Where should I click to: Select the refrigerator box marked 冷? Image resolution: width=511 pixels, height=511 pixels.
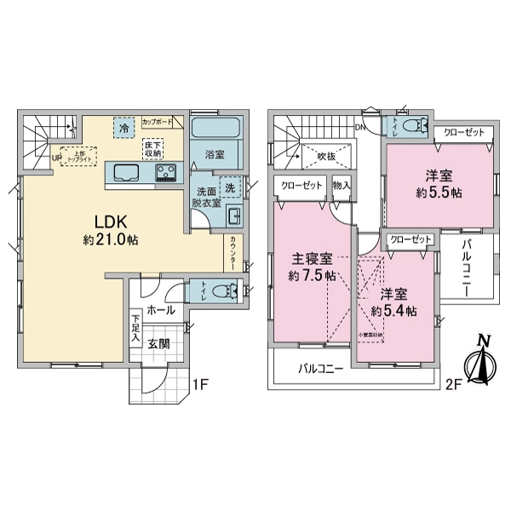(124, 129)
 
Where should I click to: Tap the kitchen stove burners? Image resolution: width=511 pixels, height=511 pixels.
(165, 174)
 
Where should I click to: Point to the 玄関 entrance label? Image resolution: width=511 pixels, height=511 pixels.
(158, 343)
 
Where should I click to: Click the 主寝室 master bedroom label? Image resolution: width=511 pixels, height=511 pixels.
(310, 260)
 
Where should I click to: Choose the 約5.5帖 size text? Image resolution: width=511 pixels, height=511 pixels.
(439, 193)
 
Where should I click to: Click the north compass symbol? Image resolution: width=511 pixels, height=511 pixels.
(482, 361)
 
